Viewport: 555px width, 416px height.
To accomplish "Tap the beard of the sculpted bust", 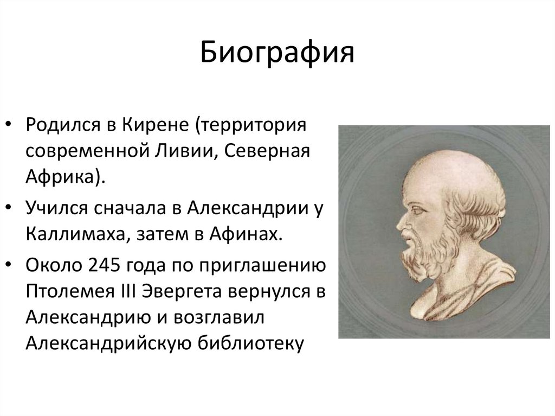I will [420, 249].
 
